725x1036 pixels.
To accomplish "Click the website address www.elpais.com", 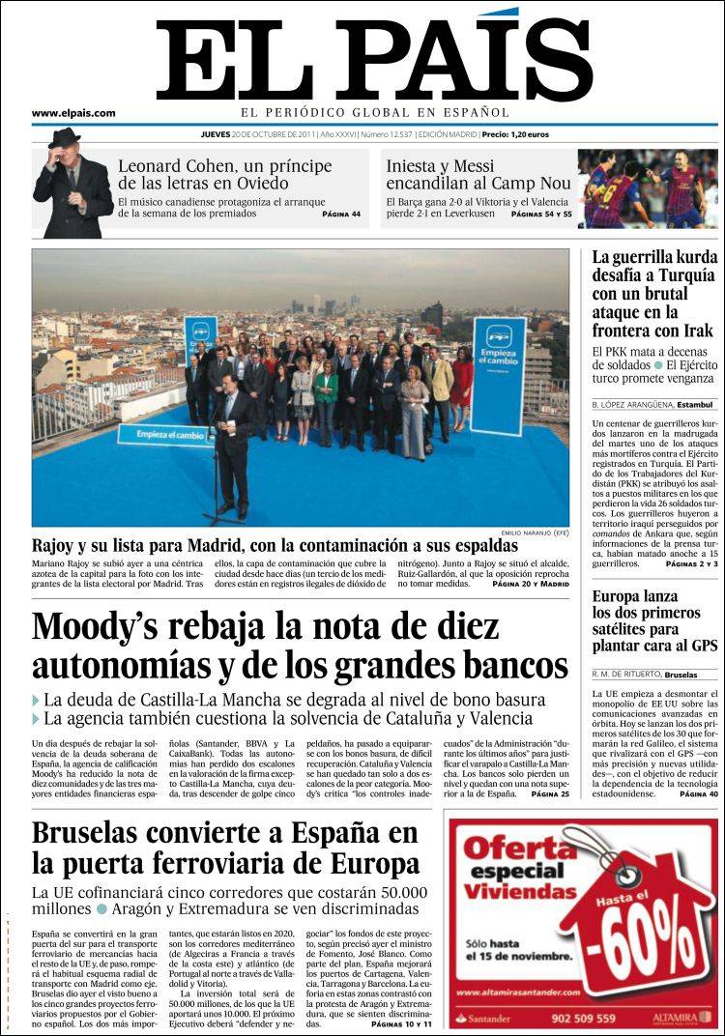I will (x=73, y=113).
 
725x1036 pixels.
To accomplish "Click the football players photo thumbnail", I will (x=648, y=188).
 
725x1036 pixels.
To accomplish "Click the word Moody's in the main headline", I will (x=100, y=626).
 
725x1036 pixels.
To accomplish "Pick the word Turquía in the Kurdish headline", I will (x=681, y=276).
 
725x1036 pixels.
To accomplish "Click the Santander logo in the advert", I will (x=487, y=1018).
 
